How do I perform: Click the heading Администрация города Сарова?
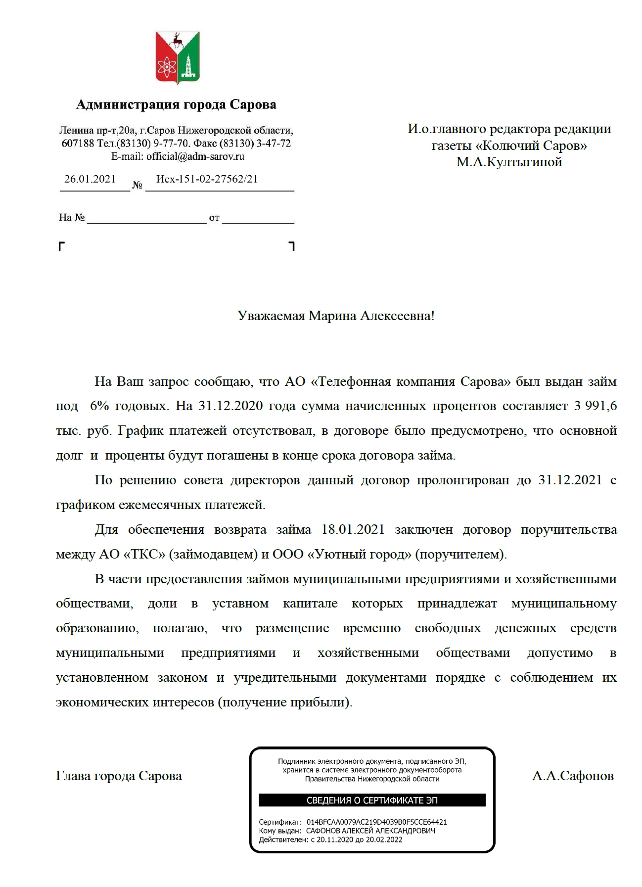click(176, 105)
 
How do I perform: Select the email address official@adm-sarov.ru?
click(195, 156)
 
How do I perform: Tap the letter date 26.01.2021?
click(90, 179)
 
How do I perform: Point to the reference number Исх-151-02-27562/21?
click(207, 179)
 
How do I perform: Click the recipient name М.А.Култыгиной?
click(509, 162)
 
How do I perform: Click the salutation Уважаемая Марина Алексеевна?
click(336, 316)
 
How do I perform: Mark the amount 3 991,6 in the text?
click(595, 406)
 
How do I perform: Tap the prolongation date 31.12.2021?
click(570, 480)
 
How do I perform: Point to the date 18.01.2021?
click(353, 530)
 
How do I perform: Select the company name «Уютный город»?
click(360, 555)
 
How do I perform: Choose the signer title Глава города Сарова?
click(119, 776)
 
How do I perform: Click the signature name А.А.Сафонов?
click(573, 776)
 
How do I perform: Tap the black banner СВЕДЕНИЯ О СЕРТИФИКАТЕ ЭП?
click(372, 800)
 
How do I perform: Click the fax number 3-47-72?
click(274, 143)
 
